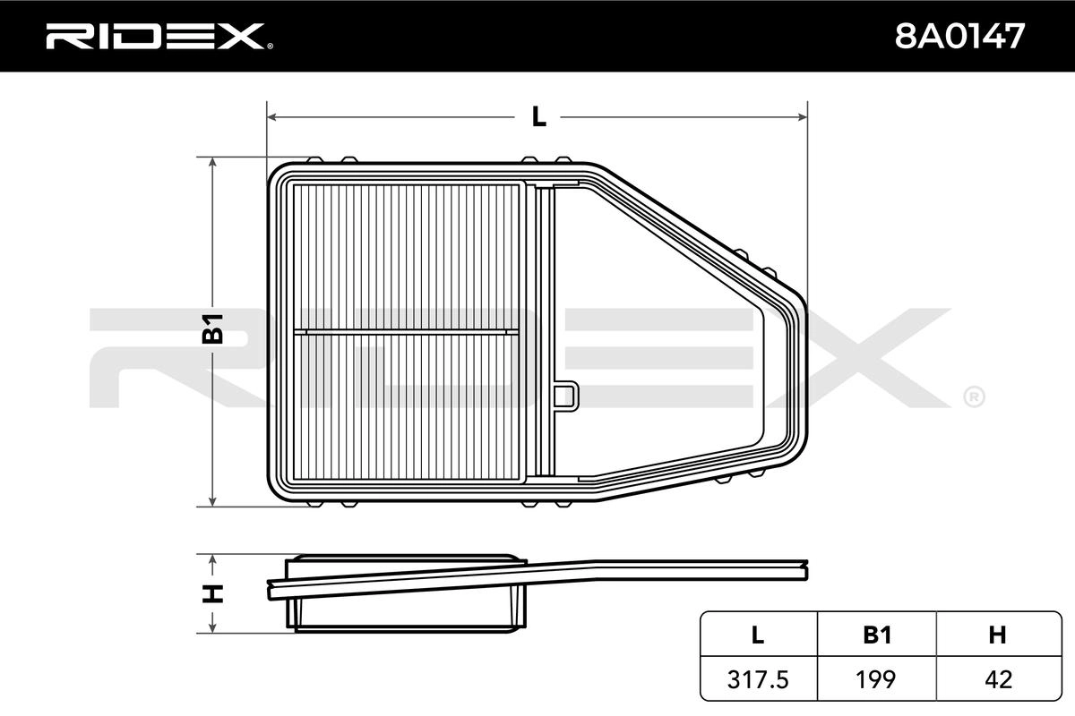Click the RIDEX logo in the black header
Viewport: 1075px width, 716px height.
click(x=159, y=37)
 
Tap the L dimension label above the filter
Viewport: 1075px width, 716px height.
click(x=539, y=116)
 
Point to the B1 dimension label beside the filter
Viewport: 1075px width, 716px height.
click(x=212, y=329)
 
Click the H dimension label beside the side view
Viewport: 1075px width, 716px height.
click(x=212, y=593)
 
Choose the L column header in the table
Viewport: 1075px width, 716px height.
click(x=758, y=635)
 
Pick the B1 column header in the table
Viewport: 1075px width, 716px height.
click(x=877, y=635)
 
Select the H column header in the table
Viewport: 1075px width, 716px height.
click(x=997, y=635)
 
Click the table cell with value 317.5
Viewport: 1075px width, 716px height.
click(x=758, y=679)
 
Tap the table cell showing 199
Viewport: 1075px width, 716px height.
click(x=875, y=679)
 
